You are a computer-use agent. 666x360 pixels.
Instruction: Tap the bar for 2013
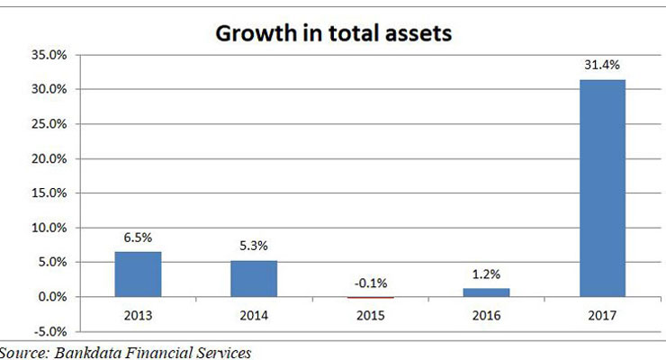pyautogui.click(x=139, y=274)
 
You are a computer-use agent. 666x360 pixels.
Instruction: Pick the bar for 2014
pyautogui.click(x=255, y=278)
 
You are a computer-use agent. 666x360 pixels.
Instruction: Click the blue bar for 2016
pyautogui.click(x=486, y=292)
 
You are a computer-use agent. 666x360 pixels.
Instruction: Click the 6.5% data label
pyautogui.click(x=139, y=238)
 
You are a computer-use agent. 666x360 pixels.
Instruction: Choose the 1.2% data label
pyautogui.click(x=486, y=275)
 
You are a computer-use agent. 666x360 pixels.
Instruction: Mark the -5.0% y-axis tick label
pyautogui.click(x=49, y=331)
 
